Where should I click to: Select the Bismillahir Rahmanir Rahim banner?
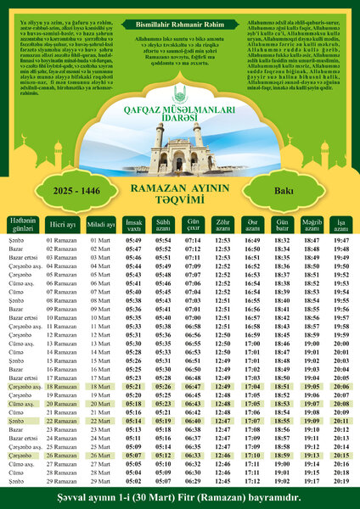coord(180,26)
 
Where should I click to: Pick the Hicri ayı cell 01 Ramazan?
coord(62,241)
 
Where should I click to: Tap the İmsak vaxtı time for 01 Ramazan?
coord(133,241)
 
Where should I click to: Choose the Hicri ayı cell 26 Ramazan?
coord(62,456)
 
